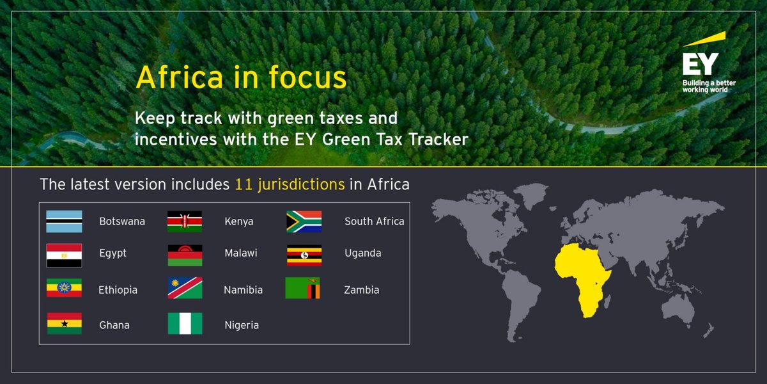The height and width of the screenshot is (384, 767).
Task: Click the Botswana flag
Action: click(x=64, y=221)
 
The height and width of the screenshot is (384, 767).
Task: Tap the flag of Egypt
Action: click(x=64, y=255)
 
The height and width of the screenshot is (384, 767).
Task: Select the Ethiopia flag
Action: click(x=64, y=289)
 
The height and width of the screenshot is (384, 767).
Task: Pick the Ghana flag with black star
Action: click(x=64, y=323)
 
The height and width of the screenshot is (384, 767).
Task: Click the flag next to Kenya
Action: click(x=185, y=221)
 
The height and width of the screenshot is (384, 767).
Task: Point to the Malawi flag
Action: click(x=185, y=255)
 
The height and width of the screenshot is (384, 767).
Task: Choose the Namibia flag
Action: click(x=185, y=289)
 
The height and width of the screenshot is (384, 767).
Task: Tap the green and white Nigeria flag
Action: click(x=185, y=323)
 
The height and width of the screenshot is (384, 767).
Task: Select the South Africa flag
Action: click(x=304, y=221)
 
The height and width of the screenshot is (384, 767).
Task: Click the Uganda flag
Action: click(x=304, y=255)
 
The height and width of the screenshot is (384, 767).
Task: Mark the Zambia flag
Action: click(x=302, y=289)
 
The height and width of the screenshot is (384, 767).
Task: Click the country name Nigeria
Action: click(x=242, y=325)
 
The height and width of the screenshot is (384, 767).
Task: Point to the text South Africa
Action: click(x=374, y=221)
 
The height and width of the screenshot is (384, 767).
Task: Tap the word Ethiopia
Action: click(x=118, y=290)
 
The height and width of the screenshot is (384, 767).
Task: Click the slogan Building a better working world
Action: click(x=704, y=86)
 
